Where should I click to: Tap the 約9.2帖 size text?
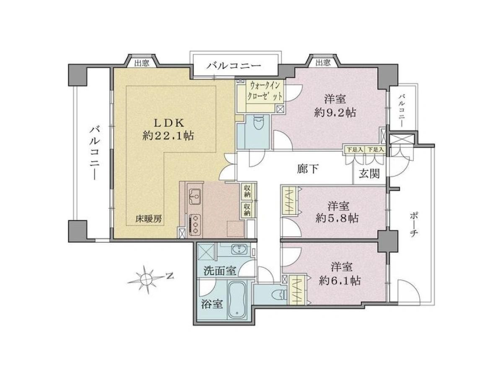pos(335,113)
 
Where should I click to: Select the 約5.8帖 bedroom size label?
pos(337,219)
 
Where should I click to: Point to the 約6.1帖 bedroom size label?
pos(340,281)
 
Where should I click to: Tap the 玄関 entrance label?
pos(369,174)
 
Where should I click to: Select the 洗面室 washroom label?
pos(220,271)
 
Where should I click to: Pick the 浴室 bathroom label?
pos(212,305)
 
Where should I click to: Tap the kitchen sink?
pos(195,197)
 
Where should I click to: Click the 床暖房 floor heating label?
pos(148,219)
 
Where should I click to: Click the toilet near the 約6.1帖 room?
pos(280,295)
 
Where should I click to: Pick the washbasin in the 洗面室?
pos(239,249)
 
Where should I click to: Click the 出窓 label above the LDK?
pos(142,63)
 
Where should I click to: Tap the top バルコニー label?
pos(234,66)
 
